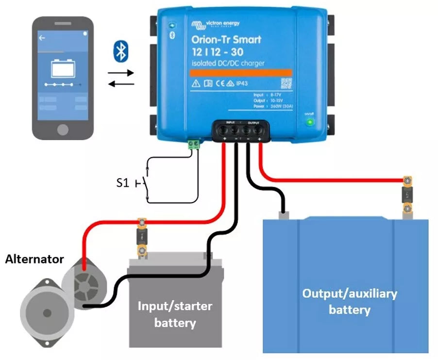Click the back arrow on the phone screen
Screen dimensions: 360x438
(42, 37)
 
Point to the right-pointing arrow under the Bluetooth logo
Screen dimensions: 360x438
(120, 73)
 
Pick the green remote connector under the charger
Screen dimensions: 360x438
(194, 144)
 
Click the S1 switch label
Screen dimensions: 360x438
(122, 183)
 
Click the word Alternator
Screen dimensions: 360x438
(34, 259)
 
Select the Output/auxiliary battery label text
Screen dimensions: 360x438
(349, 301)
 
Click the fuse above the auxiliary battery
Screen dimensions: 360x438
(407, 196)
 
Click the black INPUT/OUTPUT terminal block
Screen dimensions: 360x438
(240, 130)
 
